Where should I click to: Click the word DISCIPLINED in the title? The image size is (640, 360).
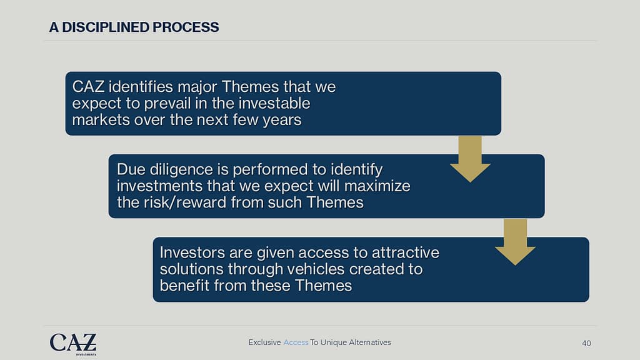click(106, 27)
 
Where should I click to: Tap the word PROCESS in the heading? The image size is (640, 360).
click(186, 27)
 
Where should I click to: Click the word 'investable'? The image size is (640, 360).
click(274, 103)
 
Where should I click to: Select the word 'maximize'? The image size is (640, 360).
click(377, 186)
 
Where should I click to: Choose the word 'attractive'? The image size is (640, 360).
click(405, 252)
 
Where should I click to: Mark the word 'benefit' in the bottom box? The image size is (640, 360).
click(184, 286)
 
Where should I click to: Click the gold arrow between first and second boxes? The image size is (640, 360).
click(470, 159)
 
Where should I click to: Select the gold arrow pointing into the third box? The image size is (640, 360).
click(515, 242)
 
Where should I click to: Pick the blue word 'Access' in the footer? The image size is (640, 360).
click(296, 342)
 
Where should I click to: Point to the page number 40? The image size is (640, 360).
click(586, 343)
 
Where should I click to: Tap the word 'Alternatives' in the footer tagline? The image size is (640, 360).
click(370, 342)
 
